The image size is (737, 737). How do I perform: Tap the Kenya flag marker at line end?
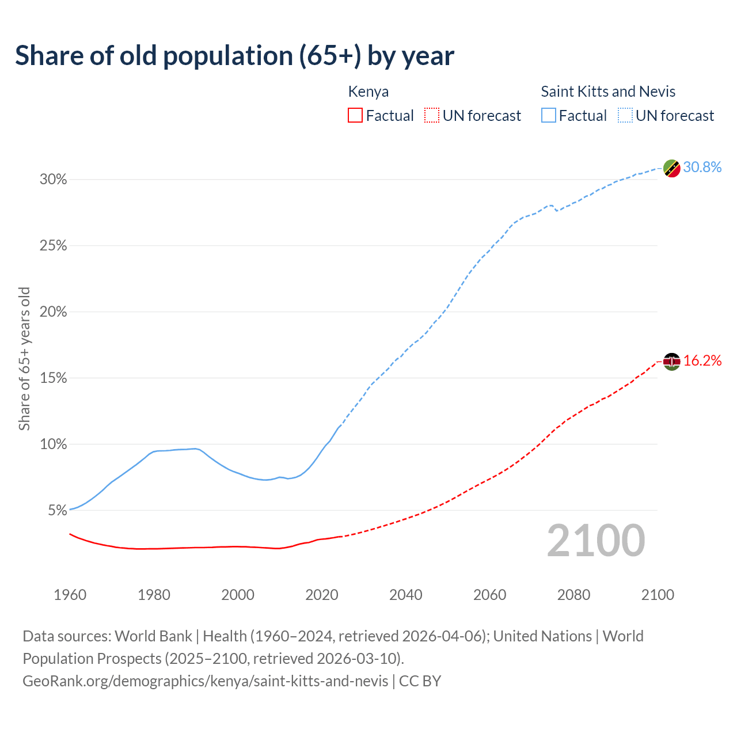point(671,362)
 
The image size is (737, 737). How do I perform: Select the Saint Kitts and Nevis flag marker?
point(671,168)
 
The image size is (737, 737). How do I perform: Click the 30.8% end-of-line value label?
point(702,167)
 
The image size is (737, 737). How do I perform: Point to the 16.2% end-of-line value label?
point(702,360)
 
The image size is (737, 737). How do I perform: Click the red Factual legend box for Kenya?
point(355,116)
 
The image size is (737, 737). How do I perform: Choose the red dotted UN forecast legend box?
point(432,116)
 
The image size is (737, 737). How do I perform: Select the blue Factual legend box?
point(549,116)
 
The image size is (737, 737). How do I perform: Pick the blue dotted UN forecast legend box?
point(625,116)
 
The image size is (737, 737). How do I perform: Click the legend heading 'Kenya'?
point(368,92)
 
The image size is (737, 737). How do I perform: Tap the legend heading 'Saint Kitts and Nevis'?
point(608,92)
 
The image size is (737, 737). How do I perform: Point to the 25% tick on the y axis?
point(54,246)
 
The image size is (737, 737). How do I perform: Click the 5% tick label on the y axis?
point(58,511)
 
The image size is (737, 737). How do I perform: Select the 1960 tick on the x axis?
point(70,595)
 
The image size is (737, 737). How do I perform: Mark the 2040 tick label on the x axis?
point(406,595)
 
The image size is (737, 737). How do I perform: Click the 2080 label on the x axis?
point(573,595)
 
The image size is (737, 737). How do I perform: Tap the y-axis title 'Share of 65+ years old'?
point(24,358)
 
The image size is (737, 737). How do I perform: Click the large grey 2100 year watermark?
point(596,541)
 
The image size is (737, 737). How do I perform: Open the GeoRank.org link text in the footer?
point(206,681)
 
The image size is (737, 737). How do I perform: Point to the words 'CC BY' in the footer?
point(420,681)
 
